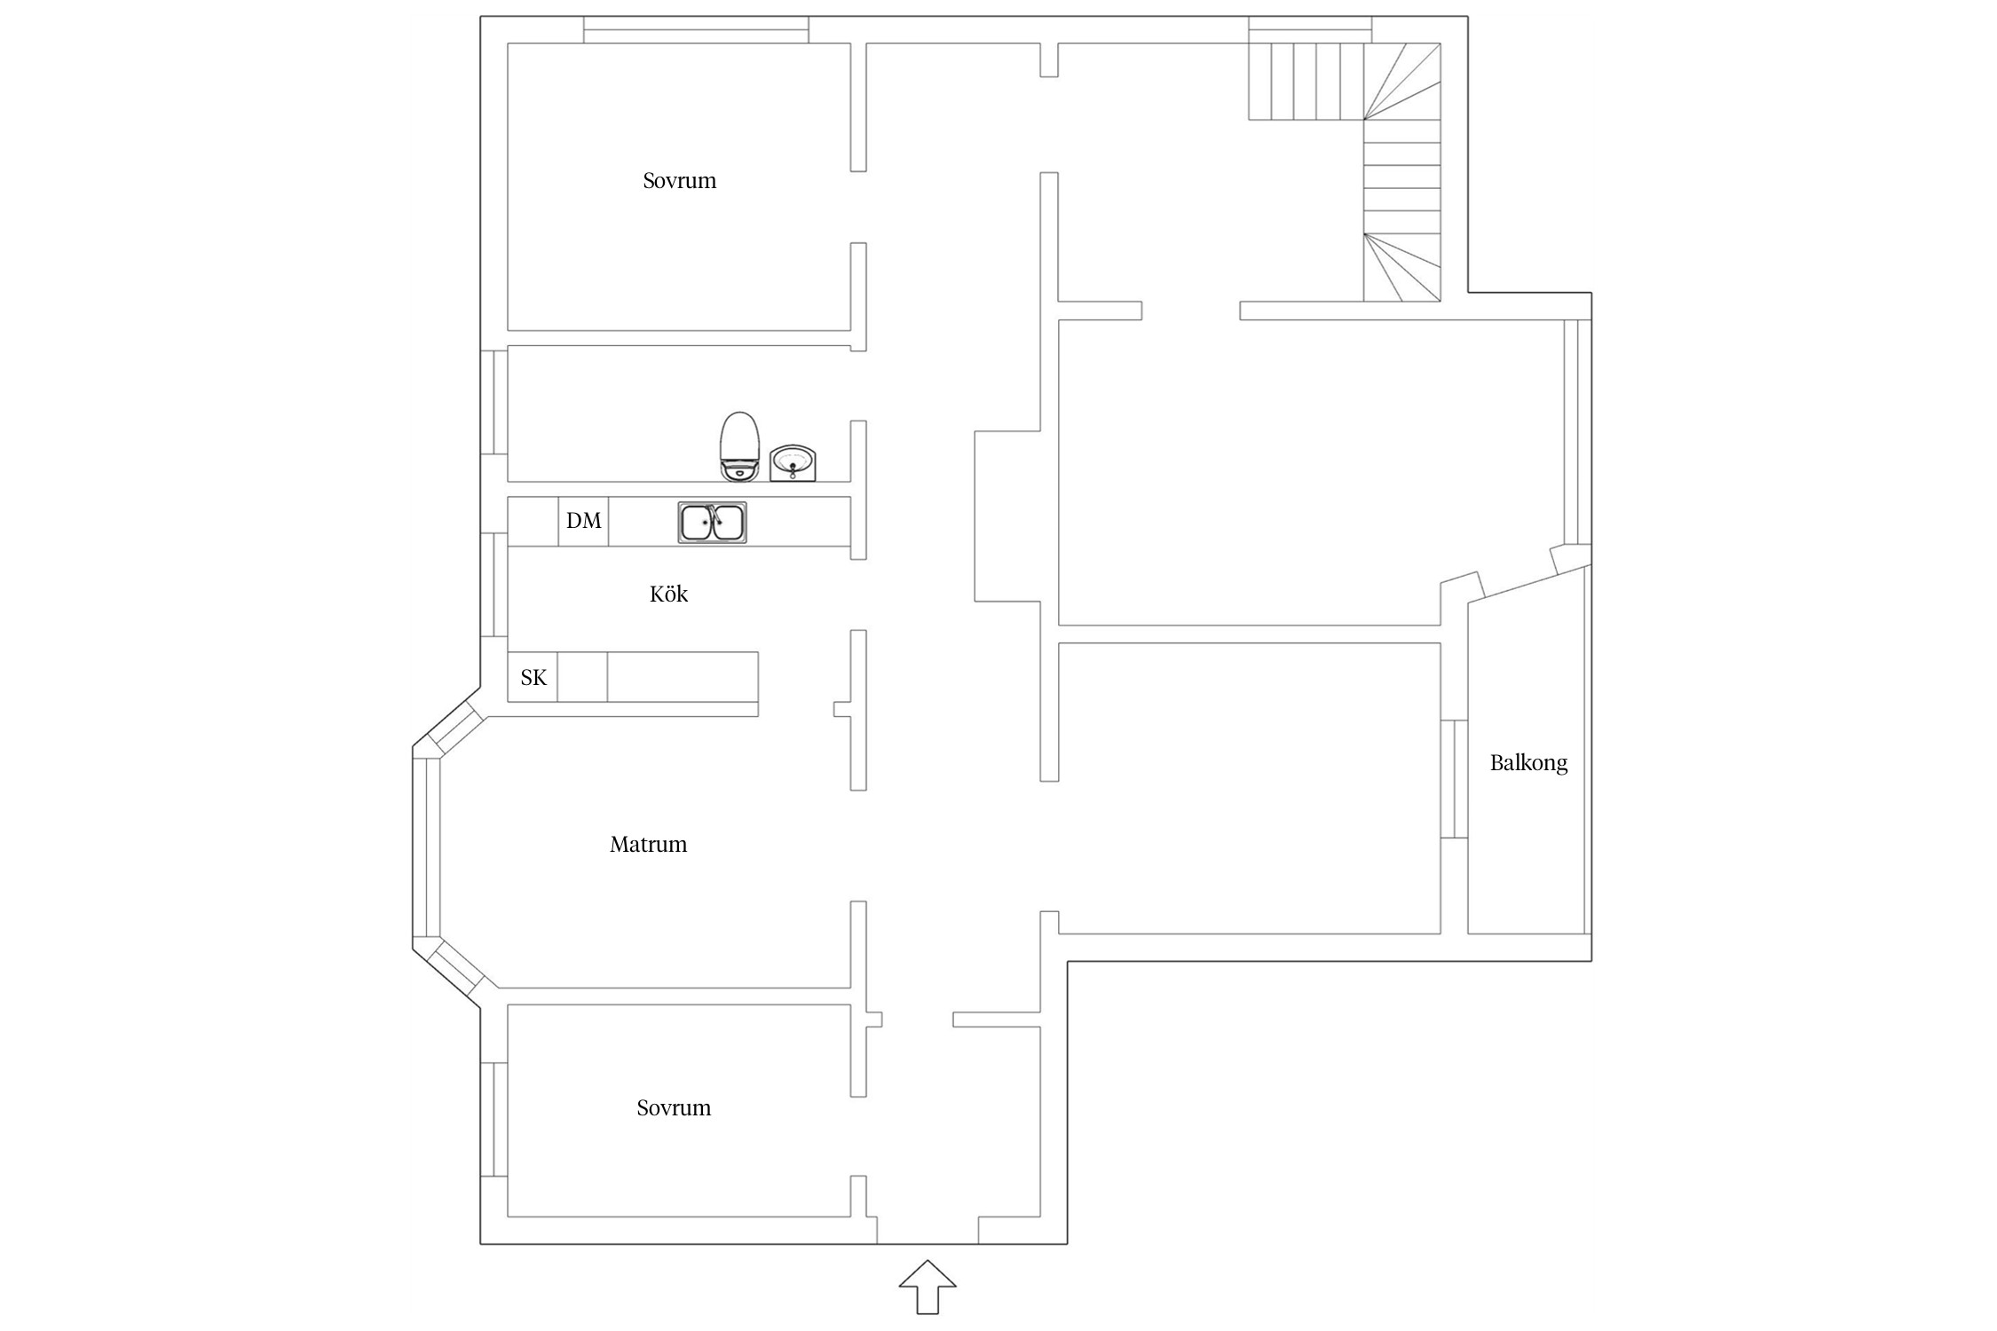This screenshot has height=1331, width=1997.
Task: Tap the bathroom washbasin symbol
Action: (792, 463)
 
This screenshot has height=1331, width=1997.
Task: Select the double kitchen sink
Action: (712, 522)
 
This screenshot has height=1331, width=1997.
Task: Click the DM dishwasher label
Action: (583, 521)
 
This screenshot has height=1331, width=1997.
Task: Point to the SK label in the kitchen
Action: (533, 678)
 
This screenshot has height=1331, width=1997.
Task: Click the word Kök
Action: (668, 595)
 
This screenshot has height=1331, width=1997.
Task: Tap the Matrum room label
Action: (648, 845)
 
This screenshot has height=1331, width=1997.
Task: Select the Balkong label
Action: (1528, 763)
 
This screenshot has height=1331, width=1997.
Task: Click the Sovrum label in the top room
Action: (679, 181)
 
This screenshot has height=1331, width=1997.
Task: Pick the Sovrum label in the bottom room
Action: (674, 1108)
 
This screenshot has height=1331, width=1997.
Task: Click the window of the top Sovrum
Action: (696, 30)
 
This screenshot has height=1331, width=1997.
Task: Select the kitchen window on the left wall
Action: (493, 584)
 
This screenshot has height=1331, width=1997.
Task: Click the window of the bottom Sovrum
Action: (493, 1119)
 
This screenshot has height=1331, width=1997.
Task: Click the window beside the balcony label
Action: (1453, 779)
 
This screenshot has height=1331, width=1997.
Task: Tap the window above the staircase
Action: (1310, 30)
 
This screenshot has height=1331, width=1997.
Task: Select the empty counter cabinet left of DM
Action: (533, 521)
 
